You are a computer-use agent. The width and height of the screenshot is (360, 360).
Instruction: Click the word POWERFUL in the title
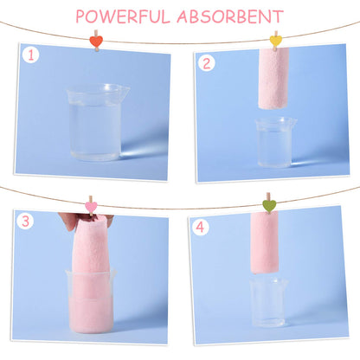click(123, 16)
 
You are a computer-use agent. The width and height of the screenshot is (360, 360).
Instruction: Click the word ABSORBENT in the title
click(230, 16)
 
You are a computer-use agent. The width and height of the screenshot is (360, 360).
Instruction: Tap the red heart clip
click(96, 42)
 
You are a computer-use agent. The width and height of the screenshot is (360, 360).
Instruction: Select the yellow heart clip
click(276, 41)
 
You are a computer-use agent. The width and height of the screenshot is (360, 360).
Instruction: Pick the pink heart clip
click(91, 207)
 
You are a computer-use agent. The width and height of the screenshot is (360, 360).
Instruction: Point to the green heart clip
click(269, 205)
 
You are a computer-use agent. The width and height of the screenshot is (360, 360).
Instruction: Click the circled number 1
click(30, 55)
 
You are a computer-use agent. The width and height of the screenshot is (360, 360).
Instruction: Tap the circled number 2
click(206, 63)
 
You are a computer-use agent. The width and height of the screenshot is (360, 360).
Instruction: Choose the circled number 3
click(25, 222)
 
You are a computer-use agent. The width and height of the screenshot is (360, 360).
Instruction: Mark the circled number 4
click(200, 228)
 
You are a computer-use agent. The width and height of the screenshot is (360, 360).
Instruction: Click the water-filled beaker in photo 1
click(97, 122)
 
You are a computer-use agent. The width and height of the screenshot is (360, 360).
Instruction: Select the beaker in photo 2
click(274, 142)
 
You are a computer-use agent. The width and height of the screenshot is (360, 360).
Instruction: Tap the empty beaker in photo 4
click(268, 302)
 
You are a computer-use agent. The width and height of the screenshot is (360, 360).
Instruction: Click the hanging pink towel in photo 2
click(273, 79)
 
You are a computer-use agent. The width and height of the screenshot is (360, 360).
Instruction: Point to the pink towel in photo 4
click(264, 242)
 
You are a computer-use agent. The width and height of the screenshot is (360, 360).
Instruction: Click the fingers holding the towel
click(68, 221)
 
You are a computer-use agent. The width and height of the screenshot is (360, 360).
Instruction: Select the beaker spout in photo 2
click(293, 121)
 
